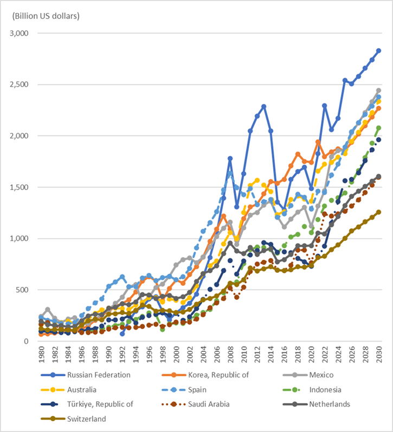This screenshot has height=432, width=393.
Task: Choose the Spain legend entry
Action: click(x=197, y=389)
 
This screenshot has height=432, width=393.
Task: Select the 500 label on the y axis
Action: click(x=23, y=290)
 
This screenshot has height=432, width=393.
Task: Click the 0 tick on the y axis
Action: click(x=27, y=341)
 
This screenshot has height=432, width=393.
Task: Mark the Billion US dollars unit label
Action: click(x=43, y=15)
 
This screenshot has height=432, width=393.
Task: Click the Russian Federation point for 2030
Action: click(x=378, y=51)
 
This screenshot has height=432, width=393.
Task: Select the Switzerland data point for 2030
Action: click(x=378, y=212)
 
